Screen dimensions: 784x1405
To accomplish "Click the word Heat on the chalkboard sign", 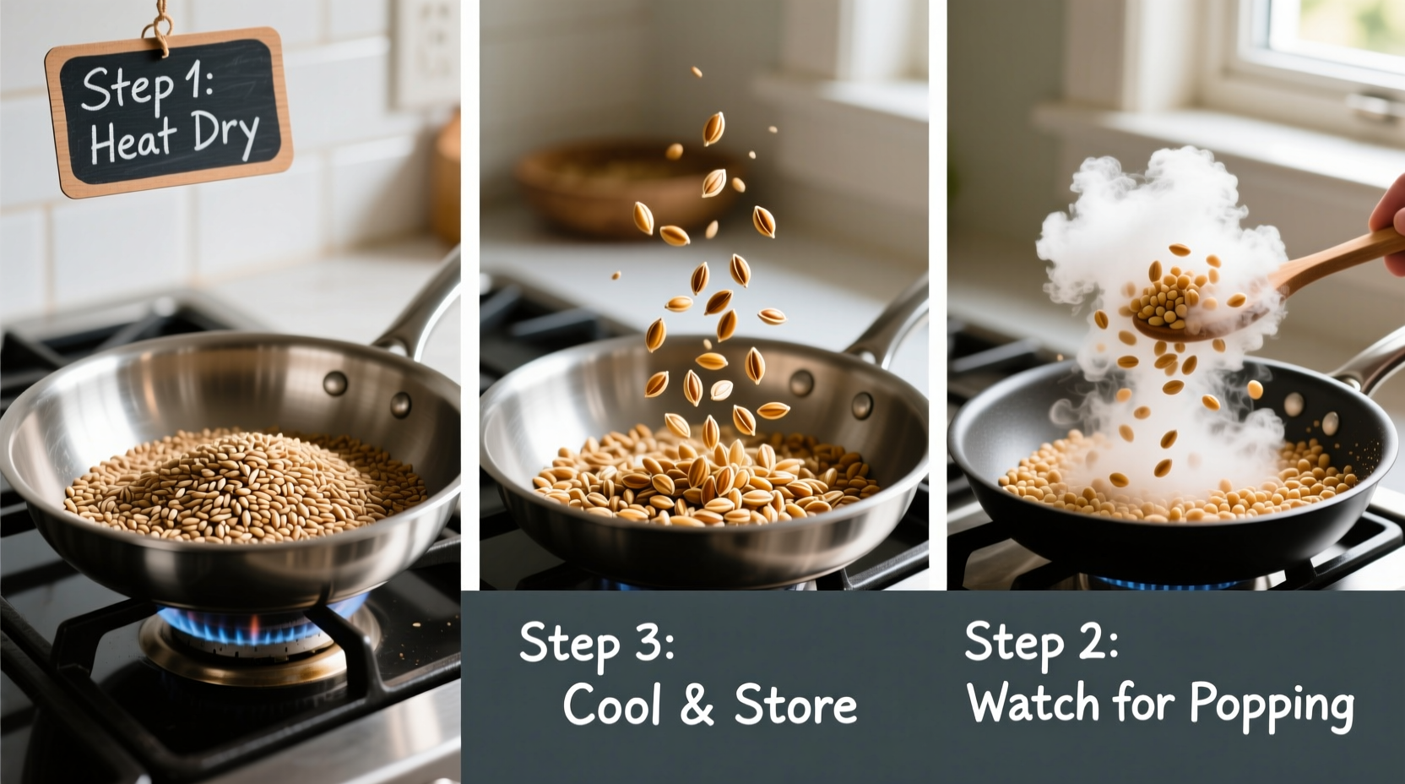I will (x=133, y=141).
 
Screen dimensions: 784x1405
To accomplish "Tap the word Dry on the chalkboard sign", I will (x=225, y=133).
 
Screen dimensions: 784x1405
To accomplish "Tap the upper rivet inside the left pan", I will (x=335, y=383).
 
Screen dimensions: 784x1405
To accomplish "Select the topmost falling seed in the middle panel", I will (x=697, y=73).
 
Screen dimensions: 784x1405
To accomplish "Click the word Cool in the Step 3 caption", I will (x=611, y=705).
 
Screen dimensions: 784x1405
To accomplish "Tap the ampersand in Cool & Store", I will (x=697, y=705).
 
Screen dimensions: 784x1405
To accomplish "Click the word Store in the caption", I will (x=795, y=705).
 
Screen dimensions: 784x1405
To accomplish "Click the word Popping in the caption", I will (x=1271, y=705).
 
